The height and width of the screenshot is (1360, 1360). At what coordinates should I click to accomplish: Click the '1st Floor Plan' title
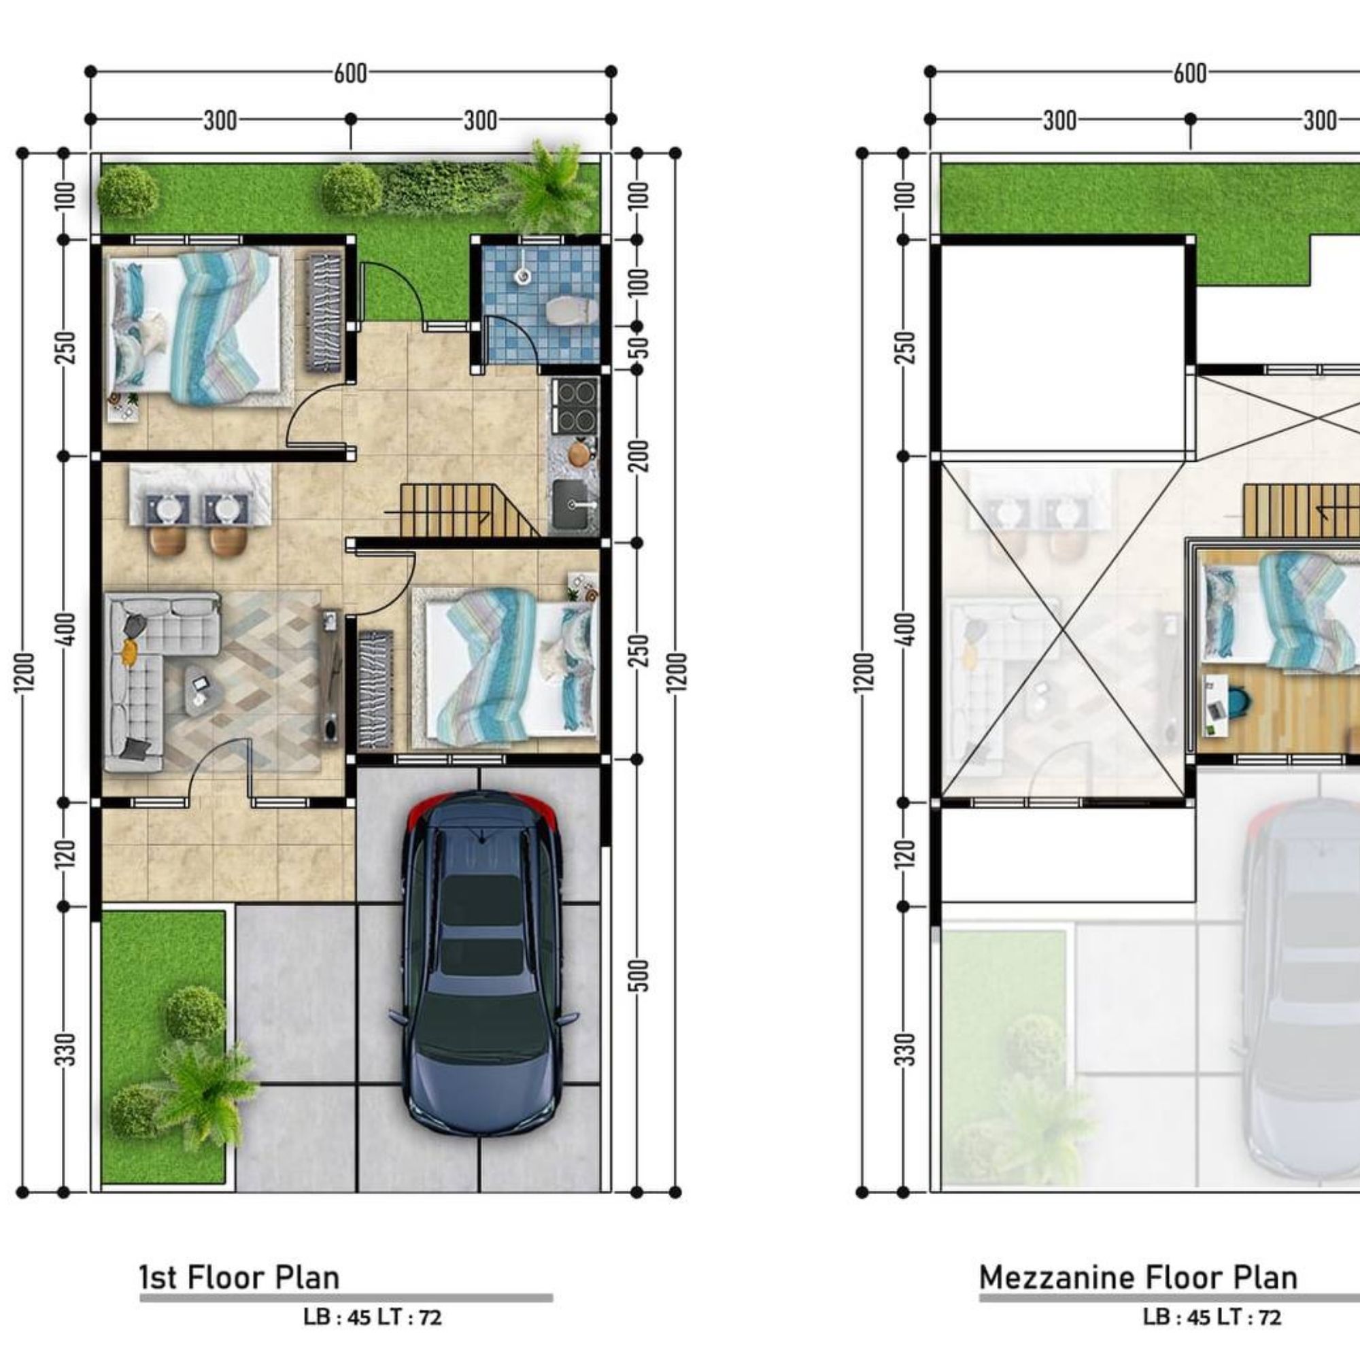click(x=239, y=1278)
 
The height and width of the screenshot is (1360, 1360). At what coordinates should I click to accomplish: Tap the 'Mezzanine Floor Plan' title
click(x=1138, y=1278)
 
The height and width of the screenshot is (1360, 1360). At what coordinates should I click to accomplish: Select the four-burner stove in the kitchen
click(x=575, y=405)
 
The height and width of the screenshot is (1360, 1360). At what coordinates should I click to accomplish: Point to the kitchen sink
click(x=575, y=505)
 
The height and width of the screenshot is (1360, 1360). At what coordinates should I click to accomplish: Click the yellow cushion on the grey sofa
click(x=128, y=652)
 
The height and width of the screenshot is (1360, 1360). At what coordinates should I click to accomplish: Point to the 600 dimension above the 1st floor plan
click(x=351, y=73)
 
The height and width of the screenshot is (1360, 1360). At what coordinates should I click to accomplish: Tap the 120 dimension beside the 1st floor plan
click(x=65, y=854)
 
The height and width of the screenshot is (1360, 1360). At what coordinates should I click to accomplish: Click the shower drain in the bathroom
click(x=522, y=275)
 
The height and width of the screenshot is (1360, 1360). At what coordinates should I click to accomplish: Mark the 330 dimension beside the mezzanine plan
click(x=906, y=1049)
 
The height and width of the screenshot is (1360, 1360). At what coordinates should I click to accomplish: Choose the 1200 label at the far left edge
click(x=24, y=673)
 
